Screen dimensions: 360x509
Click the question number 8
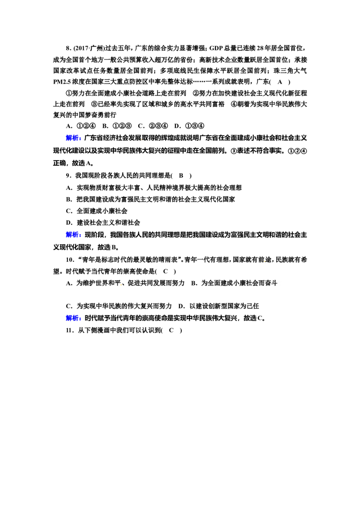68,49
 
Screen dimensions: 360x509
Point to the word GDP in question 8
216,49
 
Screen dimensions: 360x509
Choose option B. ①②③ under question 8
117,126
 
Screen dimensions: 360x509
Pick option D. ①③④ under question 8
189,126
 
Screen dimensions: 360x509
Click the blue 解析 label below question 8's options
73,138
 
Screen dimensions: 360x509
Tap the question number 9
68,176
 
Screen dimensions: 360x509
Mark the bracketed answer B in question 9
181,176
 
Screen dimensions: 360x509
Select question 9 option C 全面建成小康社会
97,211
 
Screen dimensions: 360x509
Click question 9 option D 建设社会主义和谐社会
103,223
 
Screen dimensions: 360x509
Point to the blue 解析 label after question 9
73,235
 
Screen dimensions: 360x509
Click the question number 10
69,260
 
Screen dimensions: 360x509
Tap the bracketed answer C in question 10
166,272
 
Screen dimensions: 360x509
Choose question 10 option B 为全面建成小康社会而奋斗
234,283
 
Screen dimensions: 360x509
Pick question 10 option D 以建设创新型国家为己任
219,306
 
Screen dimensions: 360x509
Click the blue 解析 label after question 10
73,318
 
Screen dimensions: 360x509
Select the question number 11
69,330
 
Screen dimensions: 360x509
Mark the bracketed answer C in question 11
171,330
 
